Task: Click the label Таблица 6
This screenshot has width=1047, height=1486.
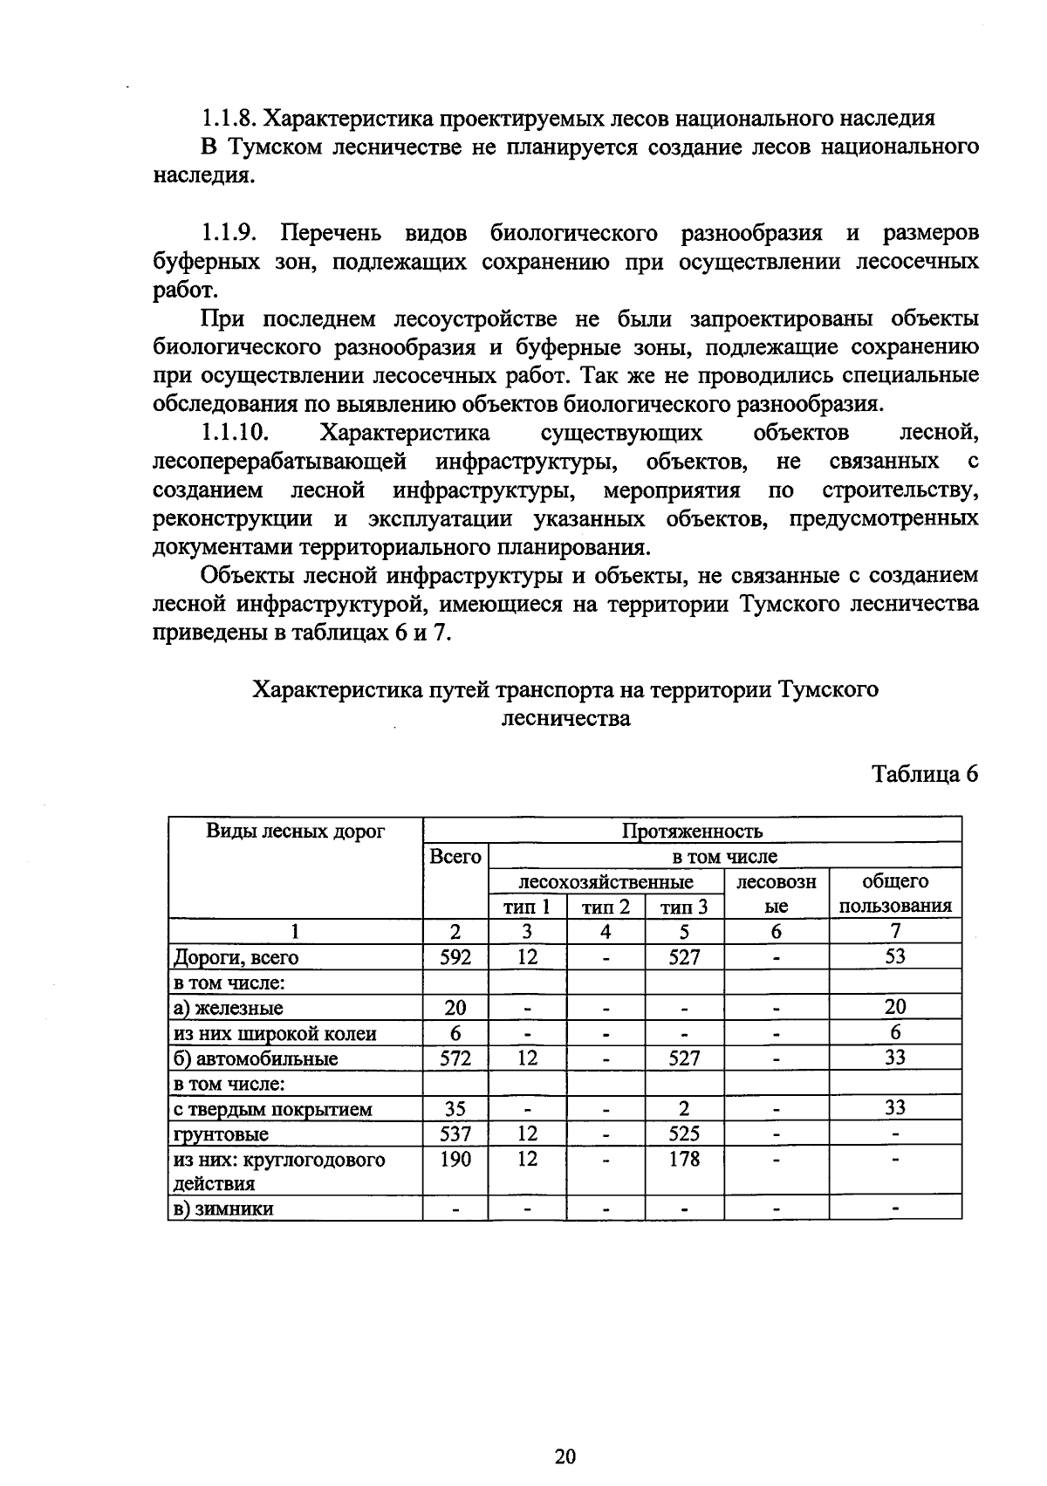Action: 926,774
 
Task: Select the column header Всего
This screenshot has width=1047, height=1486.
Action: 455,857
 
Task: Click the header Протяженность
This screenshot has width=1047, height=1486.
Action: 692,831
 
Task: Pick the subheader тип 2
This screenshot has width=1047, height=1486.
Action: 606,907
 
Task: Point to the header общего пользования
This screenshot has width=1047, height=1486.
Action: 895,894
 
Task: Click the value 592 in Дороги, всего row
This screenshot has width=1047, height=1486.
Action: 455,957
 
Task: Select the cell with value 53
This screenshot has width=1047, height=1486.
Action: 895,956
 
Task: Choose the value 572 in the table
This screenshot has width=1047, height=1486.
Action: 455,1058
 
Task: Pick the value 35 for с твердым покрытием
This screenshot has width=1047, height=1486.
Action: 455,1109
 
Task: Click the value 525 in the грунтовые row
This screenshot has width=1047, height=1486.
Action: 684,1133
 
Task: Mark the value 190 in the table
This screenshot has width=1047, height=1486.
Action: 455,1159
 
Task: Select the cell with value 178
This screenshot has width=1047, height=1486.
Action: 684,1159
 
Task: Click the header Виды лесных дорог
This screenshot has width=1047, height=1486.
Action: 295,831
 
